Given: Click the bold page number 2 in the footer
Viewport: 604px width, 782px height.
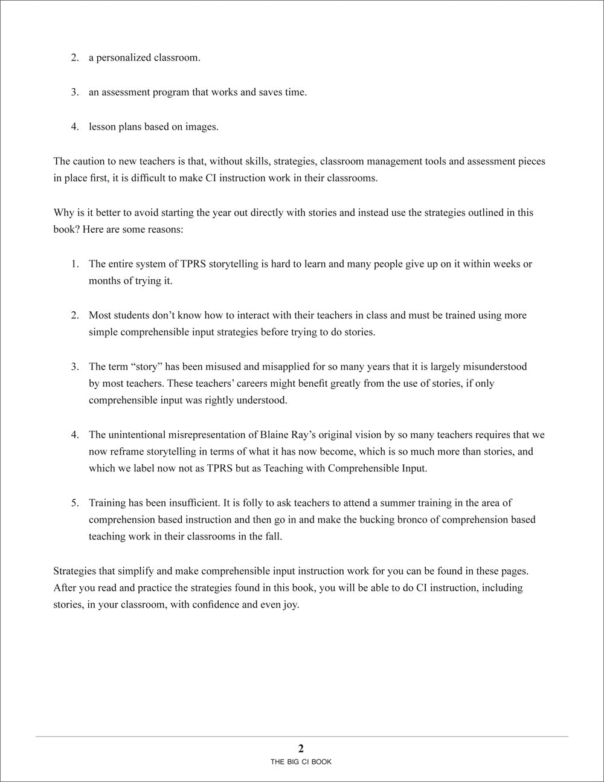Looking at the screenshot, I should coord(301,748).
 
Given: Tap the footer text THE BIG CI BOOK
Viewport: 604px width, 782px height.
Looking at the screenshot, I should coord(301,762).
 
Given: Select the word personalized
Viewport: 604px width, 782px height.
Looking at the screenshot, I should coord(126,58).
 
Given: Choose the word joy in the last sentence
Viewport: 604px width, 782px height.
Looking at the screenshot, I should coord(289,604).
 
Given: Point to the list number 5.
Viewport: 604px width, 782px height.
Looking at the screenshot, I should coord(75,503).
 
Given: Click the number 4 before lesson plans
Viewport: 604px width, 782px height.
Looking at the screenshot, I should coord(75,127).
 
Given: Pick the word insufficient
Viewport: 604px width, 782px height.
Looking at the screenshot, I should coord(187,503).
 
